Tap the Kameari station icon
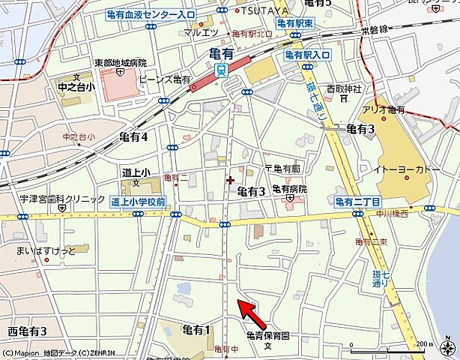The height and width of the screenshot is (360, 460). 222,70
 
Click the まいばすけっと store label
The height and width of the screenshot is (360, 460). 40,250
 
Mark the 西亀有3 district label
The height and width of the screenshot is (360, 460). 27,331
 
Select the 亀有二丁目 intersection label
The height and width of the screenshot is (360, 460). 357,202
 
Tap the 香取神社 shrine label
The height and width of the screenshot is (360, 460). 347,90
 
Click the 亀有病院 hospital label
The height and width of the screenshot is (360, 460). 289,189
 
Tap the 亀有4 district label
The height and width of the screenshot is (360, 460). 133,136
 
